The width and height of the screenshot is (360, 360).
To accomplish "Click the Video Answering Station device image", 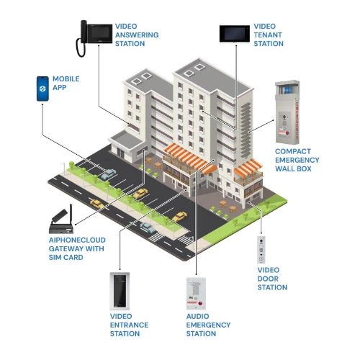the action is pos(94,38).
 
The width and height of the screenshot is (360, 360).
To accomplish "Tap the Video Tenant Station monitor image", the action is pos(235,34).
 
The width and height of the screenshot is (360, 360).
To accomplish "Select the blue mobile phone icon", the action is pos(42,89).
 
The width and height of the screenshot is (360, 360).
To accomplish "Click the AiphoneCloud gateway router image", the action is pos(61,220).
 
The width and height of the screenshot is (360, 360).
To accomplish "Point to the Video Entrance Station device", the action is pos(120,291).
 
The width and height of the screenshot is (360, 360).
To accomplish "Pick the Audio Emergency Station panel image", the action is pos(196,293).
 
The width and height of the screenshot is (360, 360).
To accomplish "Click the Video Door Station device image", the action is pos(261,250).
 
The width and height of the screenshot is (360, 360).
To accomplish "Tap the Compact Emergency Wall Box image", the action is pos(287,112).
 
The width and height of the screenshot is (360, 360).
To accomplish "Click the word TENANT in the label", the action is pos(268,35).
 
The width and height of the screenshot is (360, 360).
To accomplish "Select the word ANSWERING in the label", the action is pos(137,35).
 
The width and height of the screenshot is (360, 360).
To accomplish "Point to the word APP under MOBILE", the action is pos(60,88).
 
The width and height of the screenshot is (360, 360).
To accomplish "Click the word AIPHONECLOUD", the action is pos(77,240).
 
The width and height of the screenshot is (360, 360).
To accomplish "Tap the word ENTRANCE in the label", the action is pos(129,325).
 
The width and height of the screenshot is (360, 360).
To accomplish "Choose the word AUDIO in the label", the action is pos(197,316).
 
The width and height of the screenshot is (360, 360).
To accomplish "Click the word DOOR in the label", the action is pos(268,279).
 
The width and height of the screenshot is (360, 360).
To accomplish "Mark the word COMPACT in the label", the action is pos(293,151).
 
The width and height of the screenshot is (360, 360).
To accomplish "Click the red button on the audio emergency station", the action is pos(201,304).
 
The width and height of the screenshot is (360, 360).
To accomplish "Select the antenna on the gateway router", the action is pos(71,214).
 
